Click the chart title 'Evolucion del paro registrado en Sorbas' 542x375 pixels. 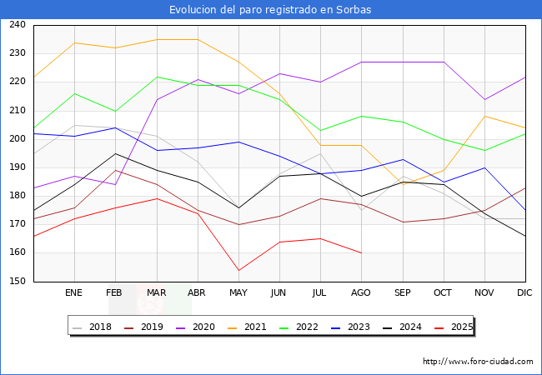click(x=270, y=10)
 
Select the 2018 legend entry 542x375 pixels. click(x=92, y=327)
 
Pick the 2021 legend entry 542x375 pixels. click(x=247, y=327)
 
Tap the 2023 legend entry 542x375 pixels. click(x=350, y=327)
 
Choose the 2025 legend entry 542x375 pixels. click(x=454, y=327)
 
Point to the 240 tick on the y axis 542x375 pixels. click(x=18, y=24)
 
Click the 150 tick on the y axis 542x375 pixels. click(x=18, y=281)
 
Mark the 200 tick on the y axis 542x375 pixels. click(x=18, y=139)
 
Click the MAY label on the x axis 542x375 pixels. click(x=238, y=292)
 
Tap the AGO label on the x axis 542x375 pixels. click(x=361, y=292)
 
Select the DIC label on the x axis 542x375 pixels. click(x=524, y=292)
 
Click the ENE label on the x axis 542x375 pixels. click(x=73, y=292)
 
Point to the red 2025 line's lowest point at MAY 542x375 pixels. click(x=238, y=270)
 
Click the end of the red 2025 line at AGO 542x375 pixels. click(x=362, y=253)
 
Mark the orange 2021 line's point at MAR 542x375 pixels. click(x=157, y=40)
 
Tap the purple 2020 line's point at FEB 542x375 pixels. click(x=115, y=185)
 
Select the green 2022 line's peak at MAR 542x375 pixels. click(x=157, y=77)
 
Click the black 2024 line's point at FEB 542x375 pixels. click(x=115, y=153)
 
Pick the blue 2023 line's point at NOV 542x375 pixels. click(x=484, y=167)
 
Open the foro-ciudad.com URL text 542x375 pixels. click(x=478, y=362)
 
